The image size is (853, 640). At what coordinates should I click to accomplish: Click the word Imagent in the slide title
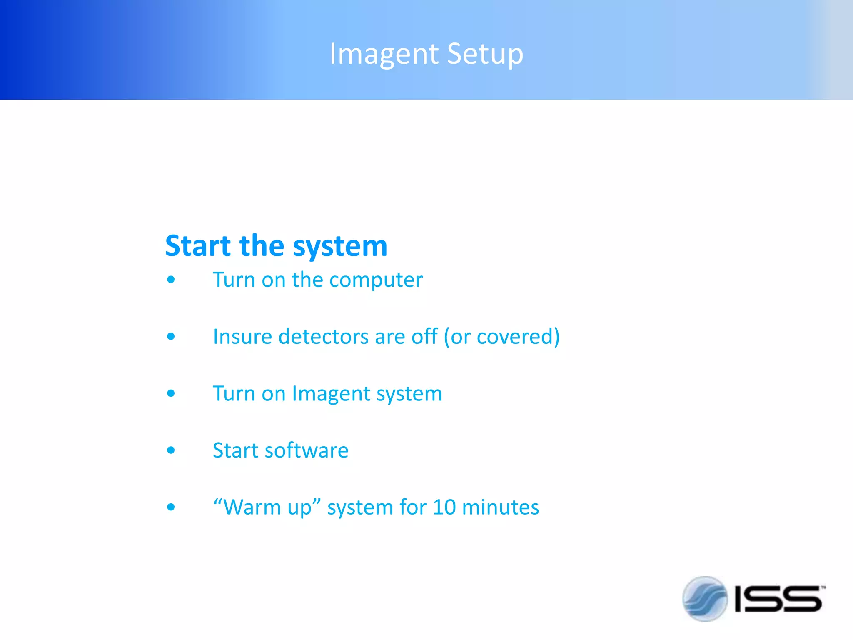click(384, 54)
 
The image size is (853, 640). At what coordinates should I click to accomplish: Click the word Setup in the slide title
click(485, 54)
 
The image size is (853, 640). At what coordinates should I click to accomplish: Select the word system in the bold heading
click(340, 247)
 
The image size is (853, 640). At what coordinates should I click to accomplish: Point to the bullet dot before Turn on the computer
click(171, 280)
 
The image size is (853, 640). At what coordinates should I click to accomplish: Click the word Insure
click(242, 336)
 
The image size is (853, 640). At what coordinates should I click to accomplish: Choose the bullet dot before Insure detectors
click(171, 336)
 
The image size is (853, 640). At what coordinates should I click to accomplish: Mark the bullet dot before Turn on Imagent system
click(171, 393)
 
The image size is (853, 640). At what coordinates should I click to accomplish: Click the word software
click(307, 450)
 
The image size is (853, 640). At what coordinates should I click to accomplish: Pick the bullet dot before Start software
click(171, 450)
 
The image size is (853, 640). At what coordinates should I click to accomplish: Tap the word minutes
click(501, 507)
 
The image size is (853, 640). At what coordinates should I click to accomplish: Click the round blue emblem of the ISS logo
click(705, 599)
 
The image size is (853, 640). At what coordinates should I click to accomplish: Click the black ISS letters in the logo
click(778, 599)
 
